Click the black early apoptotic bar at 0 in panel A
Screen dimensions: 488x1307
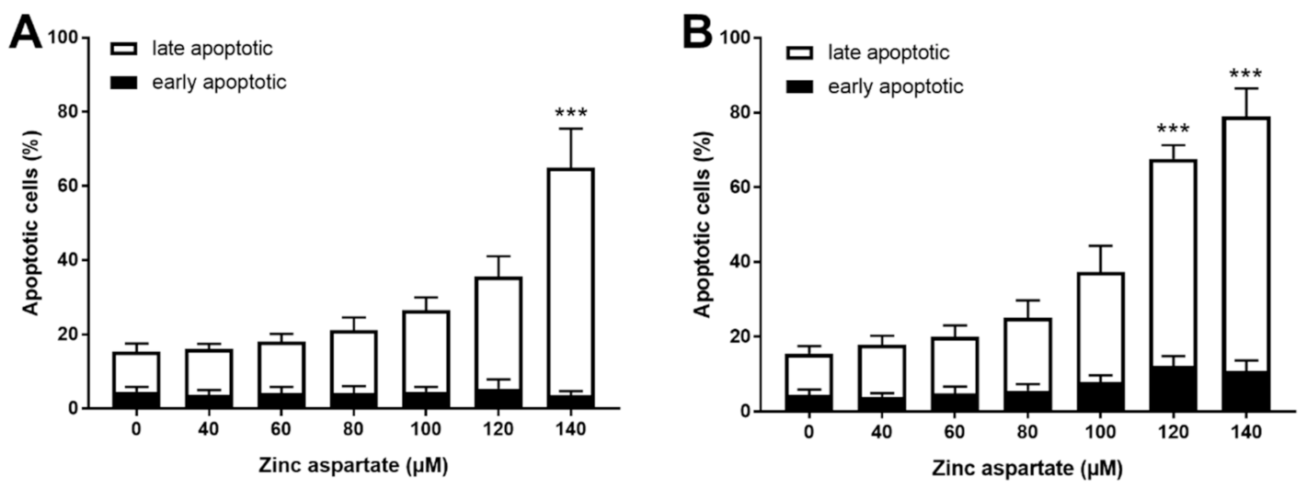(136, 400)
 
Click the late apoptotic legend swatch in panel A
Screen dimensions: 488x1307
(126, 46)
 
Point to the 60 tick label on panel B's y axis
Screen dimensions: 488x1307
(740, 187)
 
